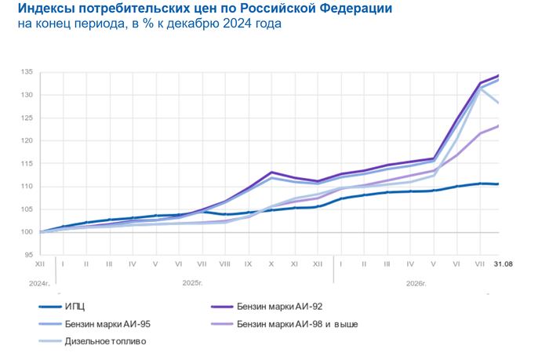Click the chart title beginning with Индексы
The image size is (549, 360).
pyautogui.click(x=205, y=8)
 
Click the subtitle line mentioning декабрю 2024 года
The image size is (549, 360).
pyautogui.click(x=150, y=24)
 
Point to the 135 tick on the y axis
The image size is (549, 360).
pyautogui.click(x=27, y=72)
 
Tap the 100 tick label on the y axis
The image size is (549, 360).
pyautogui.click(x=27, y=232)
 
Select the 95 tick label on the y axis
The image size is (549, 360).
pyautogui.click(x=29, y=255)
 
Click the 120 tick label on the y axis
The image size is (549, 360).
pyautogui.click(x=27, y=140)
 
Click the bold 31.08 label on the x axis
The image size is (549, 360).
pyautogui.click(x=504, y=264)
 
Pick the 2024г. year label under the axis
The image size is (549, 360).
pyautogui.click(x=39, y=284)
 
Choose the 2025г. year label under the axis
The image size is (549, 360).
pyautogui.click(x=193, y=283)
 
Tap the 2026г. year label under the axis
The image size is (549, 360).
pyautogui.click(x=416, y=284)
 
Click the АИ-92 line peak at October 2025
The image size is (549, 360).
pyautogui.click(x=271, y=172)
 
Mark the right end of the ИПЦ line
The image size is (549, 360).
pyautogui.click(x=499, y=184)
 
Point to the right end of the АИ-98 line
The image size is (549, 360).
pyautogui.click(x=499, y=125)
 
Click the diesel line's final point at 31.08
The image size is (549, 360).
pyautogui.click(x=499, y=103)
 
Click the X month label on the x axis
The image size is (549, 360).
pyautogui.click(x=271, y=264)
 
